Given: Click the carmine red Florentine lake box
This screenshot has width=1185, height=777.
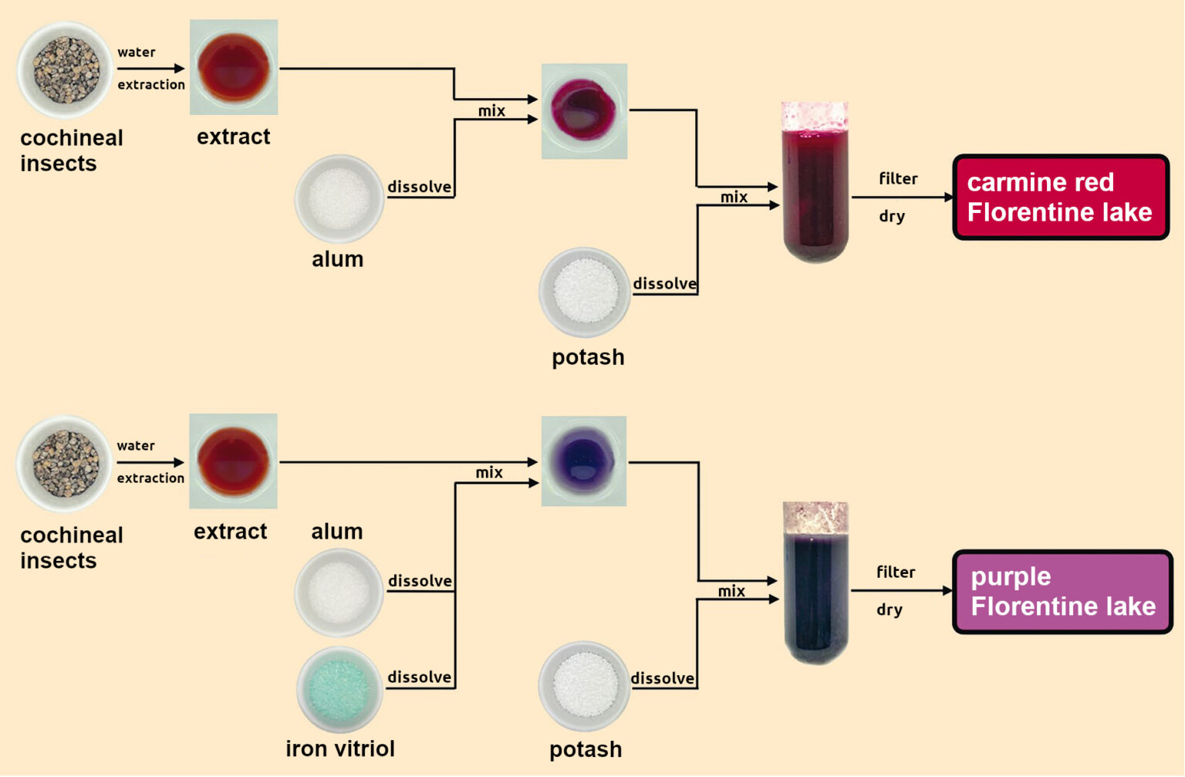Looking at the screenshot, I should click(x=1061, y=198).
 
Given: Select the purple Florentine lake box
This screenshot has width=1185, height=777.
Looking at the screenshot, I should click(x=1062, y=592).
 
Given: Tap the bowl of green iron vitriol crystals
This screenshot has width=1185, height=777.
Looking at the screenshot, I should click(x=339, y=689).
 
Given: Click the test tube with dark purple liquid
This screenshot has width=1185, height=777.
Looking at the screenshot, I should click(x=815, y=583).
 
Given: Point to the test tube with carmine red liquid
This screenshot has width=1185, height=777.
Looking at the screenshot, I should click(x=815, y=184).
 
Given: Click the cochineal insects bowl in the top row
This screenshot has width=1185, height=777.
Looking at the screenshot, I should click(x=65, y=70).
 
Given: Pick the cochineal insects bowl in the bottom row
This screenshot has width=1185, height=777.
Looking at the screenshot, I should click(x=65, y=464).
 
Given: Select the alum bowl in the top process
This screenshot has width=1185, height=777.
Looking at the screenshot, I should click(x=339, y=199).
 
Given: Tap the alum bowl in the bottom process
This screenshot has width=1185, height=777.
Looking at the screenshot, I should click(x=339, y=592).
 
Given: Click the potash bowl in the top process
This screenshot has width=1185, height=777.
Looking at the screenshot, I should click(x=585, y=292).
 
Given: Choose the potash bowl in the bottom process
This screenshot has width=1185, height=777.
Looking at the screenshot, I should click(x=584, y=686).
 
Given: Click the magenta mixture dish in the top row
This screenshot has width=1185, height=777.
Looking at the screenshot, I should click(x=584, y=111).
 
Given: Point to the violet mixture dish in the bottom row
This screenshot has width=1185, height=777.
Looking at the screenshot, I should click(x=583, y=461).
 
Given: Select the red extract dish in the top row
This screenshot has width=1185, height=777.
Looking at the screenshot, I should click(x=234, y=67).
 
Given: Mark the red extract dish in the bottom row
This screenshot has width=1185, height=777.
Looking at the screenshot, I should click(x=233, y=461).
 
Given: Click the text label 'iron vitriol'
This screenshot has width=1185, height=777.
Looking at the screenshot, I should click(x=339, y=748).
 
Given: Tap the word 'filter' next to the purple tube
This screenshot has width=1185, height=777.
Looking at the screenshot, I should click(x=896, y=572).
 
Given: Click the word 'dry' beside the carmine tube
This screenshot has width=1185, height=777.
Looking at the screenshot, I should click(x=892, y=216).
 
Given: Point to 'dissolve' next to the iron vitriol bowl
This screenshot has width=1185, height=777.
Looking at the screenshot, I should click(x=419, y=677).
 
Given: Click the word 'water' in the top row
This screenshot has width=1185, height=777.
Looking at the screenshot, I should click(x=137, y=52).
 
